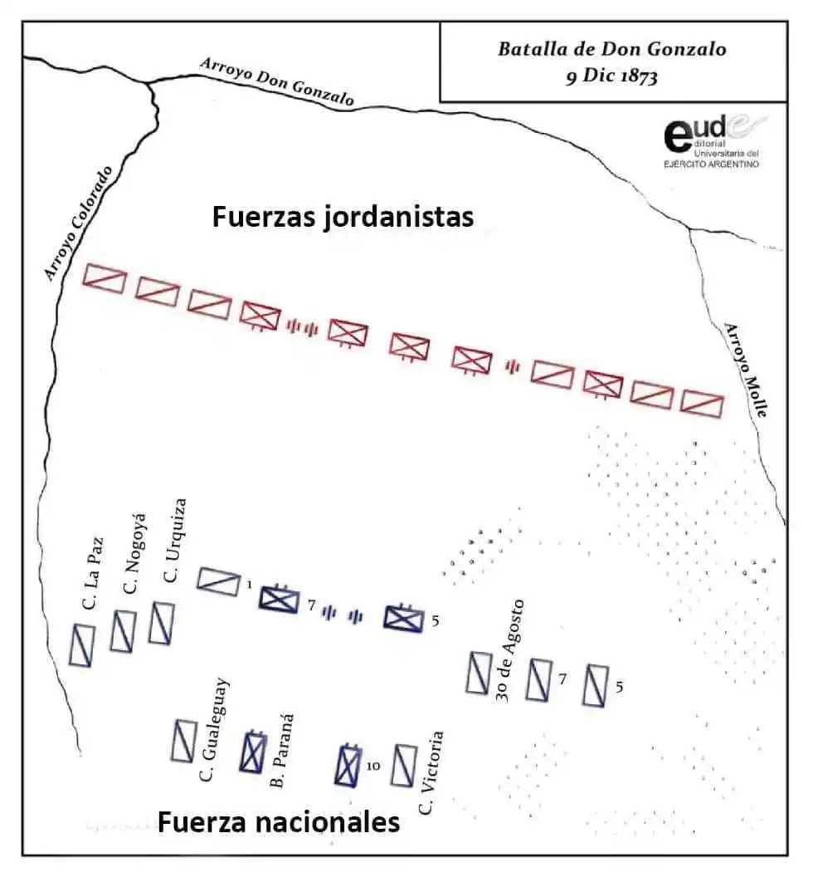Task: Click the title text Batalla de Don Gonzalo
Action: [611, 49]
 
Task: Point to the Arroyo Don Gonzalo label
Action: [276, 81]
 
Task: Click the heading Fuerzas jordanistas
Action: [343, 217]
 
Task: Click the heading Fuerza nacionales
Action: [279, 822]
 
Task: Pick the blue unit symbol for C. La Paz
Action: [82, 645]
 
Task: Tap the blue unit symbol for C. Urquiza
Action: [161, 622]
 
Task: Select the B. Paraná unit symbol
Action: [252, 752]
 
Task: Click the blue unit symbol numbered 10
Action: [348, 766]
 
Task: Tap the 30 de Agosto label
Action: [508, 650]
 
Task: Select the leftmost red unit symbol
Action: [105, 278]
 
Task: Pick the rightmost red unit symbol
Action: [702, 404]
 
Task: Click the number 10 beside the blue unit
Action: [372, 767]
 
